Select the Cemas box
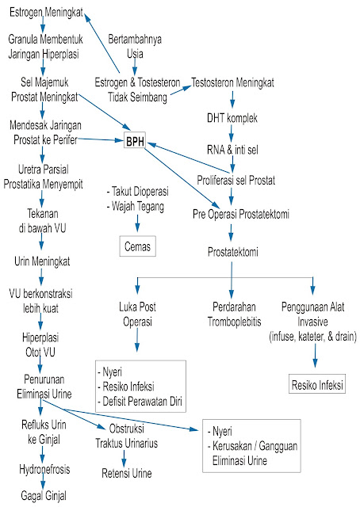tap(136, 246)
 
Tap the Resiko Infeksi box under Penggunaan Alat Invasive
tap(316, 386)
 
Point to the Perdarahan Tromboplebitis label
tap(232, 311)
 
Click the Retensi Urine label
tap(121, 474)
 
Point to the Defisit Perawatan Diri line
tap(141, 402)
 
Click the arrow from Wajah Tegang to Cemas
tap(136, 223)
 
